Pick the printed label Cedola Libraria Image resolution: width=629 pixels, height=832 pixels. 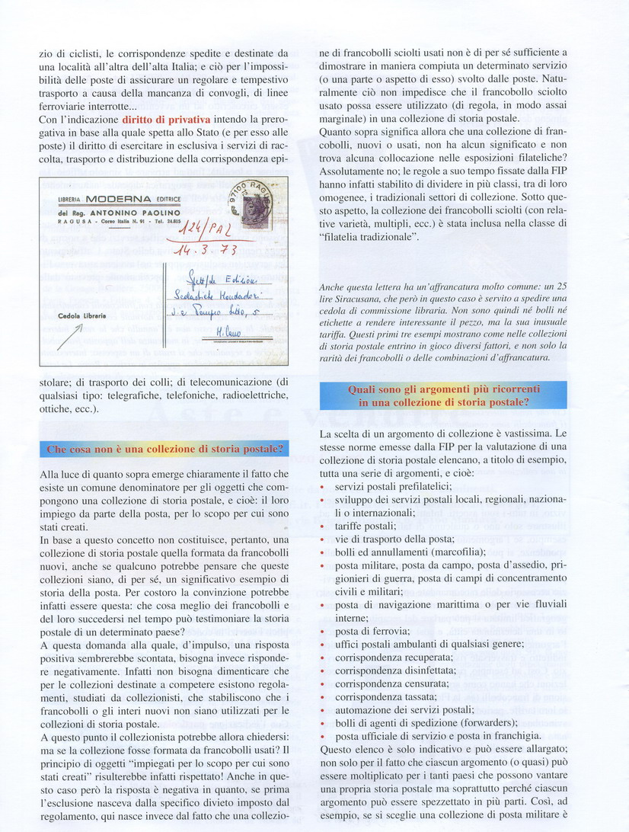(83, 315)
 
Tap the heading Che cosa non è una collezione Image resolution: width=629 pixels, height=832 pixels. (164, 450)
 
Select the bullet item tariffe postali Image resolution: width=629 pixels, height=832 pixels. (362, 526)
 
